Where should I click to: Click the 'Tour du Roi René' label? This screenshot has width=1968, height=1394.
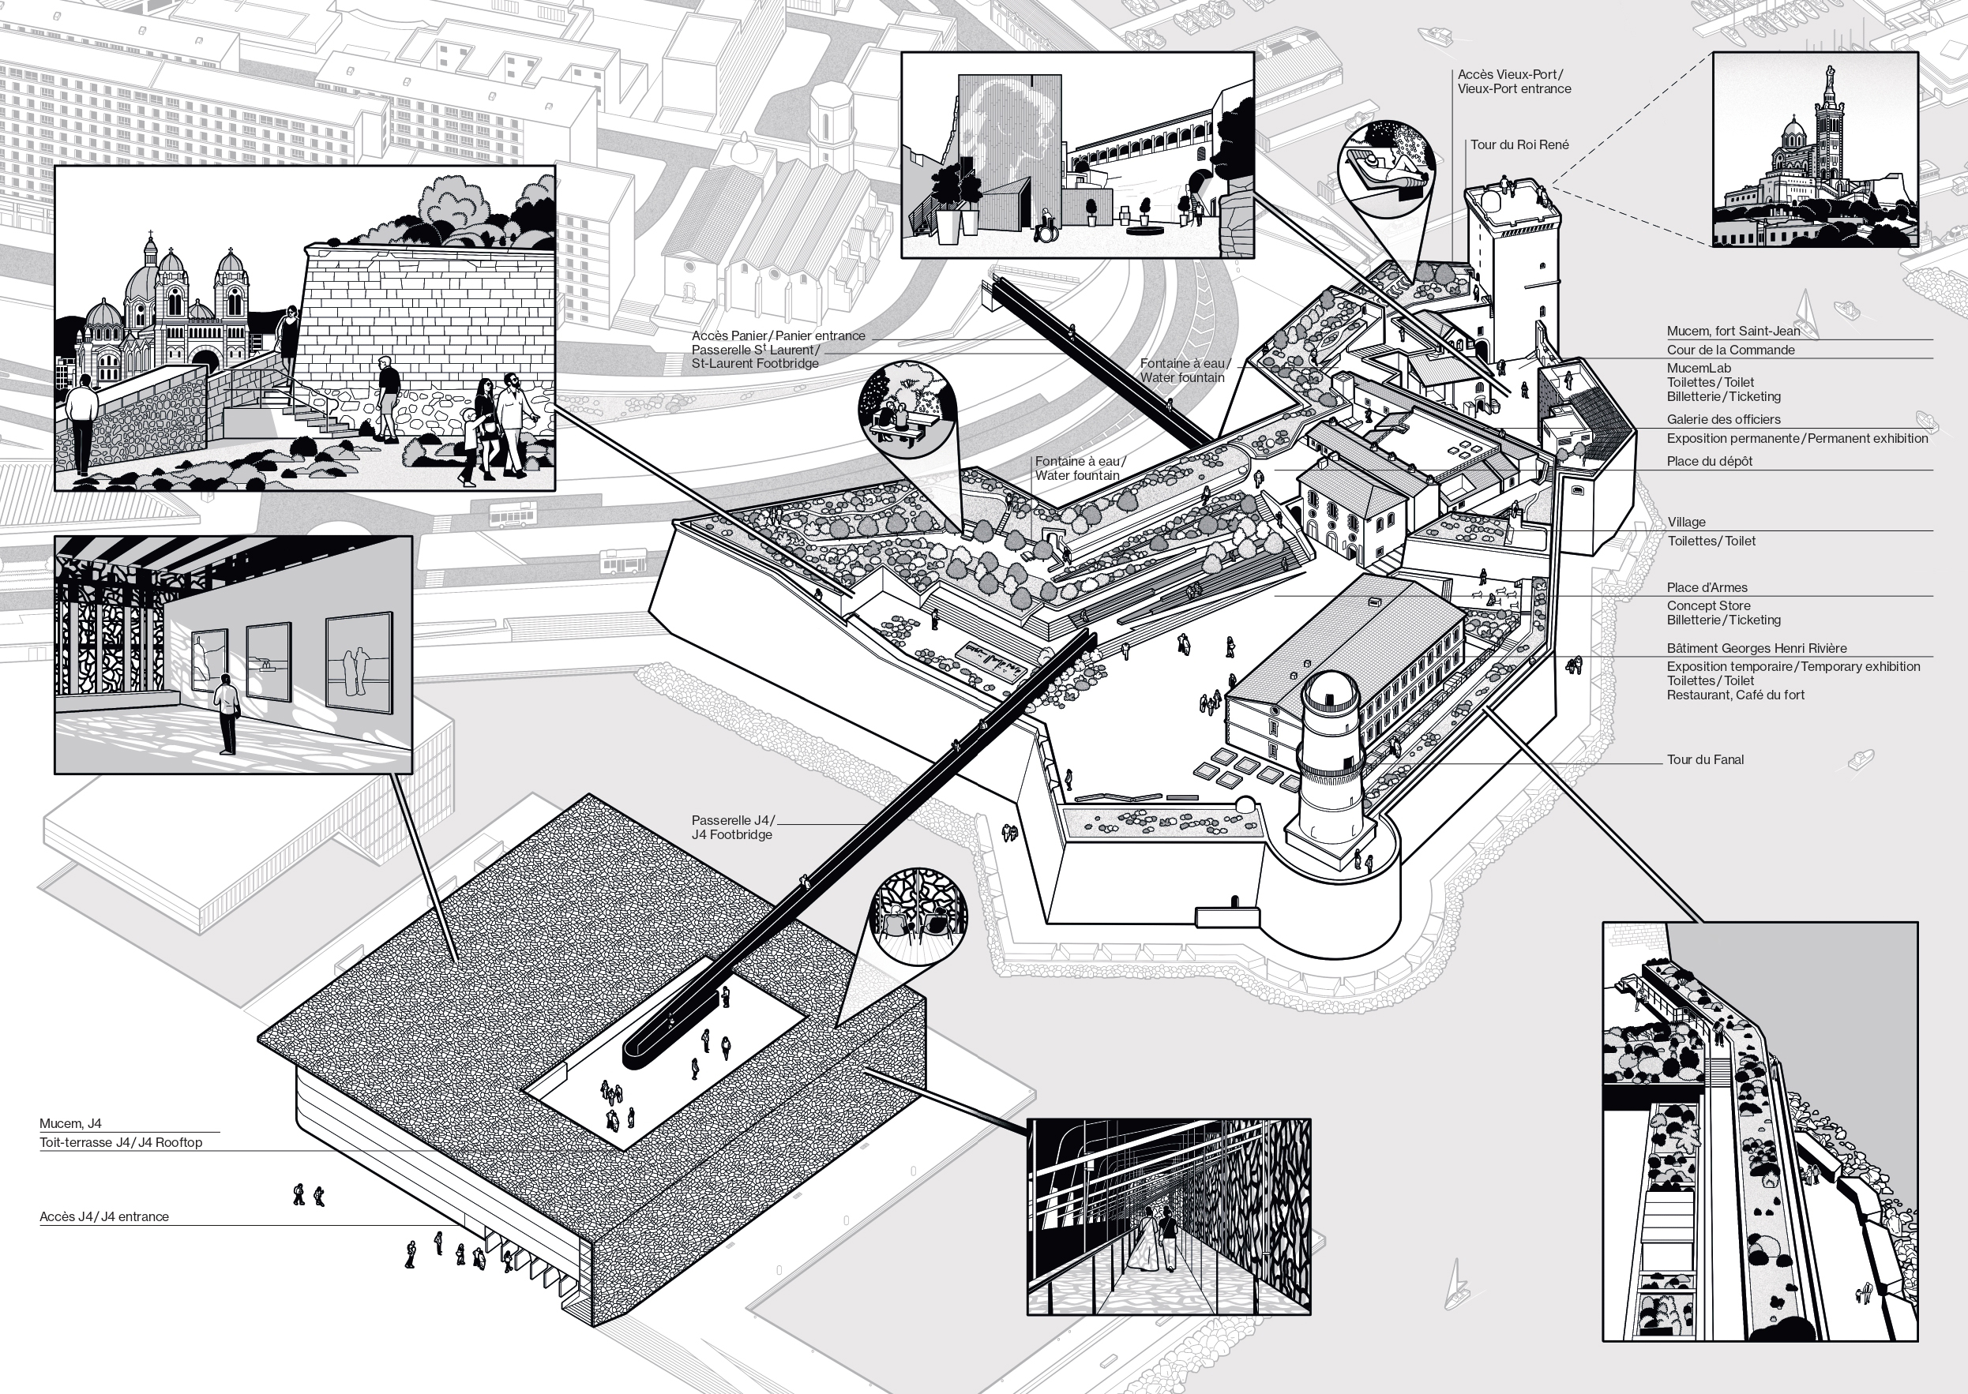pyautogui.click(x=1519, y=145)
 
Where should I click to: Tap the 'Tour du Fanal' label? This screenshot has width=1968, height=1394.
pyautogui.click(x=1704, y=759)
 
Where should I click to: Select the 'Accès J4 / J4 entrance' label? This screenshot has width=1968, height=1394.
pyautogui.click(x=104, y=1216)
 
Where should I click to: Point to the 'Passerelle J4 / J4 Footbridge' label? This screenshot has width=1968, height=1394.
pyautogui.click(x=732, y=827)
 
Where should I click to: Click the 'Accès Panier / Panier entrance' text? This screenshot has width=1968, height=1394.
pyautogui.click(x=778, y=335)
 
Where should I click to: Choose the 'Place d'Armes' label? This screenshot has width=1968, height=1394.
pyautogui.click(x=1707, y=588)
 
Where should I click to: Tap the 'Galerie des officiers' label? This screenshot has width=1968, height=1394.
pyautogui.click(x=1723, y=420)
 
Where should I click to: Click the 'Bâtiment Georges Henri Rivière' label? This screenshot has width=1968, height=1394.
pyautogui.click(x=1756, y=649)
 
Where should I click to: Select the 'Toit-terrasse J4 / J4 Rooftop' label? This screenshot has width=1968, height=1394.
pyautogui.click(x=120, y=1142)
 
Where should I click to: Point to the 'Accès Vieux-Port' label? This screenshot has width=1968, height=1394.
pyautogui.click(x=1514, y=81)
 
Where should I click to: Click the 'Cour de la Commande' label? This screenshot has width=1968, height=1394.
pyautogui.click(x=1730, y=350)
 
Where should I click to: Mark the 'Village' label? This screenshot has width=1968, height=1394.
pyautogui.click(x=1686, y=522)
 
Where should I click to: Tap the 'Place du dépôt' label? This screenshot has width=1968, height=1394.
pyautogui.click(x=1709, y=462)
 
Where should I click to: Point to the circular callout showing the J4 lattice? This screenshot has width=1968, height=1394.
pyautogui.click(x=918, y=913)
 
